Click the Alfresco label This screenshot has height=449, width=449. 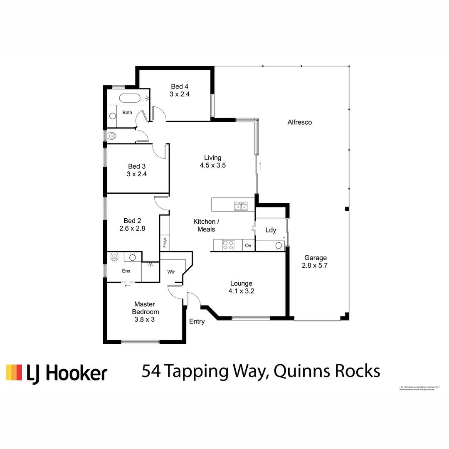tap(299, 122)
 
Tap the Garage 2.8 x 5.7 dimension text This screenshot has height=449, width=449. tap(315, 265)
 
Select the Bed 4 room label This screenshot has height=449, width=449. tap(180, 86)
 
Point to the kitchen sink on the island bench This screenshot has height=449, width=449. tap(241, 206)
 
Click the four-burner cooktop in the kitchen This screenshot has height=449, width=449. tap(228, 245)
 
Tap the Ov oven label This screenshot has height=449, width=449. tap(248, 246)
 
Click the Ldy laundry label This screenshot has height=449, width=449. tap(271, 230)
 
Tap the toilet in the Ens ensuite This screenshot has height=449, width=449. tap(114, 258)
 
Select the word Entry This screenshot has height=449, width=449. tap(197, 321)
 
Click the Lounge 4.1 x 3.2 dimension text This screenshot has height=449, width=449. tap(241, 291)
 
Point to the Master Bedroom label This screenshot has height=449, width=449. tap(145, 308)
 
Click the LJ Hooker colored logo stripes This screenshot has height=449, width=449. tap(14, 372)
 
